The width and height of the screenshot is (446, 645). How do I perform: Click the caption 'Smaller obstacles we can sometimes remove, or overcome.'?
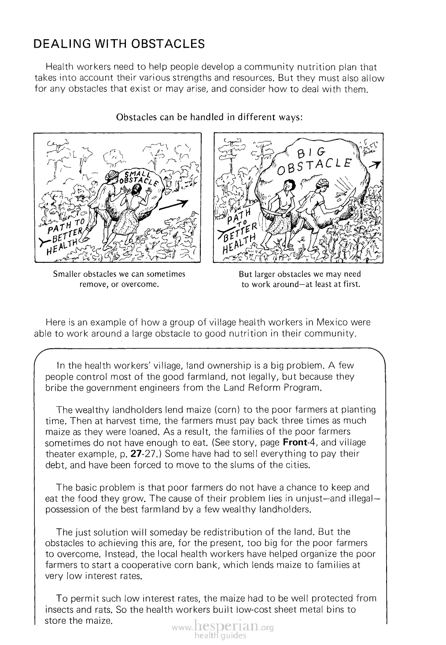point(119,279)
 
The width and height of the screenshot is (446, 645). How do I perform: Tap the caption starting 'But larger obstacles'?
point(301,279)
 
